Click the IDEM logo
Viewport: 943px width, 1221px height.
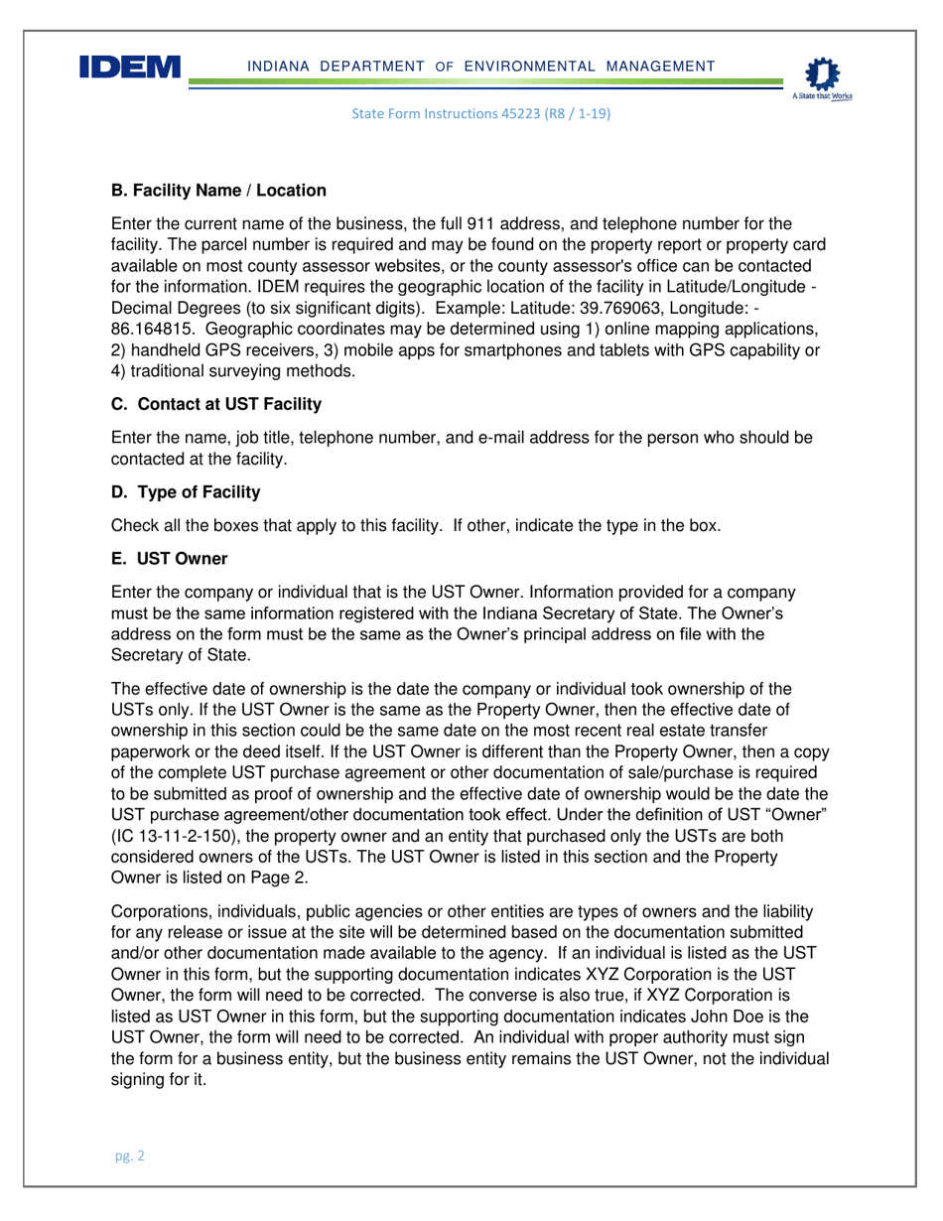tap(130, 68)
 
